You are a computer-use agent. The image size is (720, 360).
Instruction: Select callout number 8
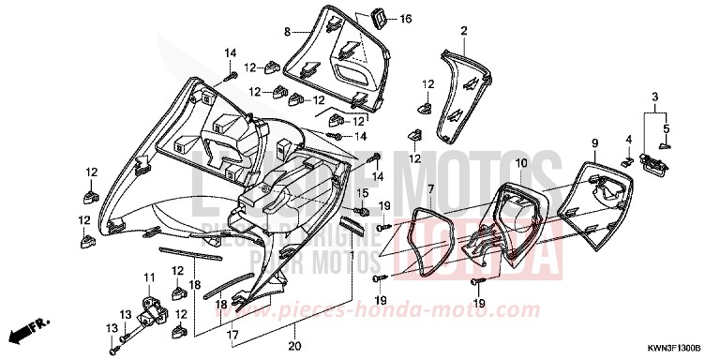(288, 31)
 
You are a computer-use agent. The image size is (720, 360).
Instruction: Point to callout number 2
(463, 31)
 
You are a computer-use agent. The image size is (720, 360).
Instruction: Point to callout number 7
(430, 189)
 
